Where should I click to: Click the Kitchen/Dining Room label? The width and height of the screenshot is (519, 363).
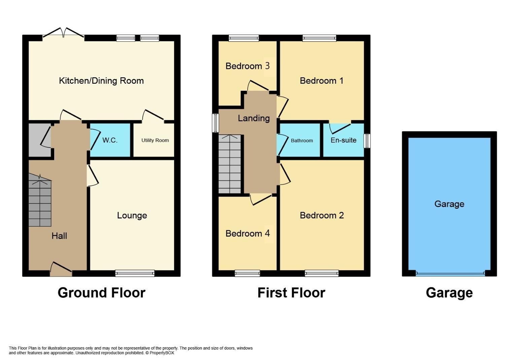click(101, 81)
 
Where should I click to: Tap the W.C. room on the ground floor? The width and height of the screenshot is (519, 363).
click(110, 140)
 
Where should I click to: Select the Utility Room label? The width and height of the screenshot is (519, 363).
click(155, 140)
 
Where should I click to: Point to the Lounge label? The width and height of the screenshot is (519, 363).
click(132, 215)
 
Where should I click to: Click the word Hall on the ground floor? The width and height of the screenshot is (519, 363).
click(59, 236)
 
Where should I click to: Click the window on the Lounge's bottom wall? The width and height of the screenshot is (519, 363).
click(135, 273)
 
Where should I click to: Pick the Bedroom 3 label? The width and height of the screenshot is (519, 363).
click(247, 66)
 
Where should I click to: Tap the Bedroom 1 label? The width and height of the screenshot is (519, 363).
click(321, 81)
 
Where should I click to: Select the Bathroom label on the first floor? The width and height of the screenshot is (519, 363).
click(302, 140)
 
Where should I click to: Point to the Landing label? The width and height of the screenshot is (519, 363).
click(254, 118)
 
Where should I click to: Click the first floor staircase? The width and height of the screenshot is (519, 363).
click(230, 164)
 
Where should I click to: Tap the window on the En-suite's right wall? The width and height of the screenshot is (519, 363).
click(367, 141)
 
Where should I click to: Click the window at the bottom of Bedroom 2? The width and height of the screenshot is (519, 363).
click(321, 273)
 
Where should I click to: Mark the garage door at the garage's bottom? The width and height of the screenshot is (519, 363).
click(450, 274)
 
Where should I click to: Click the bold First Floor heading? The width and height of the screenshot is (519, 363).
click(291, 293)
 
